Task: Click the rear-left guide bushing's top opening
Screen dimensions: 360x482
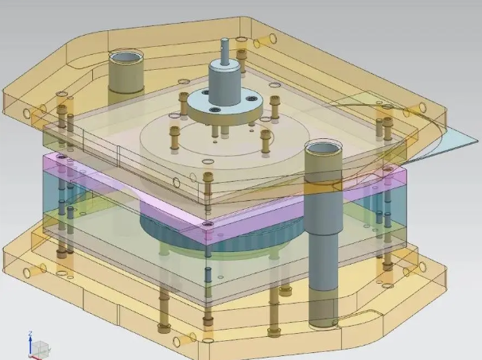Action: (124, 57)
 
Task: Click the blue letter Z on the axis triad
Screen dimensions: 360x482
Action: (29, 335)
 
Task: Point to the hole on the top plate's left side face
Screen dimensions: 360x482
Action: (29, 114)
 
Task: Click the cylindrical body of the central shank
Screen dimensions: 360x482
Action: (225, 79)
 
